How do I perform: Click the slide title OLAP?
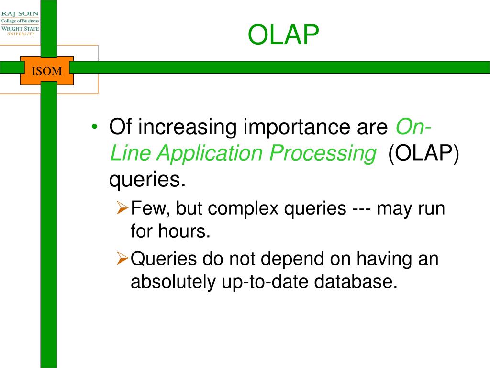pos(283,34)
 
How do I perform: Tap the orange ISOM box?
pos(47,71)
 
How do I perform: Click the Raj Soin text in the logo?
pos(20,13)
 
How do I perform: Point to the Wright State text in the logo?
pos(20,28)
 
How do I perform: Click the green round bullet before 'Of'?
pos(95,126)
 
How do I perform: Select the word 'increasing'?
pos(188,127)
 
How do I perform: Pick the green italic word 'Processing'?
pos(323,154)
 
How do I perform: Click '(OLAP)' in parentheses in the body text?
pos(423,153)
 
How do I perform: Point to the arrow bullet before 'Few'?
pos(122,207)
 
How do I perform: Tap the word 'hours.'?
pos(184,231)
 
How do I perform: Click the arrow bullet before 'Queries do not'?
pos(122,258)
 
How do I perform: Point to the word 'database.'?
pos(356,281)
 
